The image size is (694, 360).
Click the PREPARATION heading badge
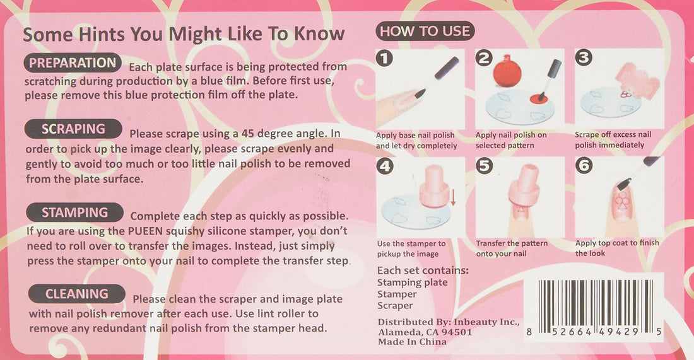pyautogui.click(x=73, y=63)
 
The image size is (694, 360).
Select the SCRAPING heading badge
pyautogui.click(x=73, y=129)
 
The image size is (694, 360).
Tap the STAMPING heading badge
pyautogui.click(x=74, y=212)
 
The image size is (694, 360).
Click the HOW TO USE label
pyautogui.click(x=425, y=31)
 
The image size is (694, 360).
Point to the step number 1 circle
pyautogui.click(x=384, y=59)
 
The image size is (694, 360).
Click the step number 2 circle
pyautogui.click(x=484, y=59)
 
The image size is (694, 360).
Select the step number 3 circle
pyautogui.click(x=584, y=59)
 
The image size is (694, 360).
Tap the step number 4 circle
pyautogui.click(x=384, y=167)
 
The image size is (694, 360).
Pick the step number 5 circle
pyautogui.click(x=484, y=167)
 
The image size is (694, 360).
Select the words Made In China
pyautogui.click(x=412, y=342)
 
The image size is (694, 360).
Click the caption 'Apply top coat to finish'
pyautogui.click(x=617, y=243)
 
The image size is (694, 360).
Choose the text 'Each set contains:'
pyautogui.click(x=423, y=270)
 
